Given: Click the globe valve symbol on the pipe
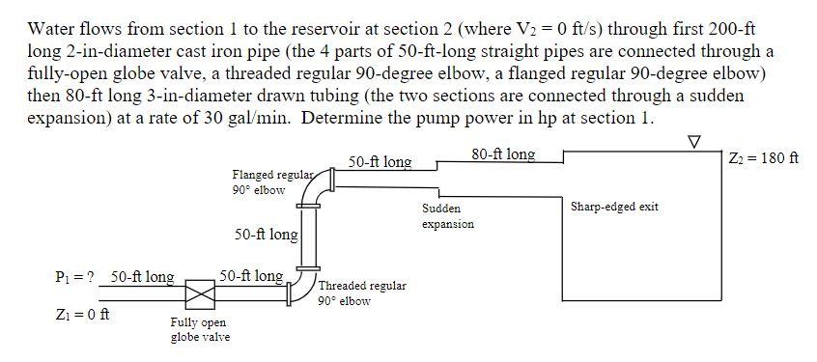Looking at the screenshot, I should tap(200, 292).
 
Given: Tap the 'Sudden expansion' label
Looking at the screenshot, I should tap(448, 216).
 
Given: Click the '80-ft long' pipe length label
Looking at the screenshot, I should tap(503, 153).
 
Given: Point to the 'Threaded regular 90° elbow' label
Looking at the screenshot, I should tap(362, 292).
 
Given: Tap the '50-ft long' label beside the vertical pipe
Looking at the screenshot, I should tap(266, 235).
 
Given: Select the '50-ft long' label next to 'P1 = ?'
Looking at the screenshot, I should tap(142, 277).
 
